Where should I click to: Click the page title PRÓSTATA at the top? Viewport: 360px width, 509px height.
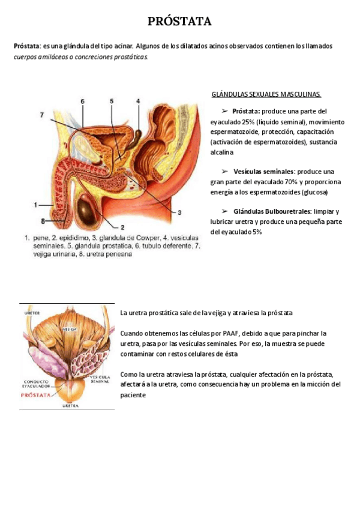pyautogui.click(x=180, y=22)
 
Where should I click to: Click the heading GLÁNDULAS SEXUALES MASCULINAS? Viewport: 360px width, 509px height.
pyautogui.click(x=266, y=94)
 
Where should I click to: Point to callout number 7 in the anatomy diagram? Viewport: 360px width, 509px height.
pyautogui.click(x=42, y=115)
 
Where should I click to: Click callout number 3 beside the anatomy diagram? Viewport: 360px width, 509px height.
pyautogui.click(x=179, y=212)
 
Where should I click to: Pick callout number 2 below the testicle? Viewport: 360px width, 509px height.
pyautogui.click(x=122, y=227)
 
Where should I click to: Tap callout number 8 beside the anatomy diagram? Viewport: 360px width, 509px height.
pyautogui.click(x=35, y=221)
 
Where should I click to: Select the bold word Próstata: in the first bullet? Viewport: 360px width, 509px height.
pyautogui.click(x=246, y=111)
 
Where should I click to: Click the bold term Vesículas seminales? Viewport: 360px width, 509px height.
pyautogui.click(x=263, y=171)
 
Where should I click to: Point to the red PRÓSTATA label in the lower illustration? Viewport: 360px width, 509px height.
pyautogui.click(x=36, y=395)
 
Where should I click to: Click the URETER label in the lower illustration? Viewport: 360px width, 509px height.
pyautogui.click(x=32, y=313)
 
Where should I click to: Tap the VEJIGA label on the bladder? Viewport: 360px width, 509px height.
pyautogui.click(x=70, y=330)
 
